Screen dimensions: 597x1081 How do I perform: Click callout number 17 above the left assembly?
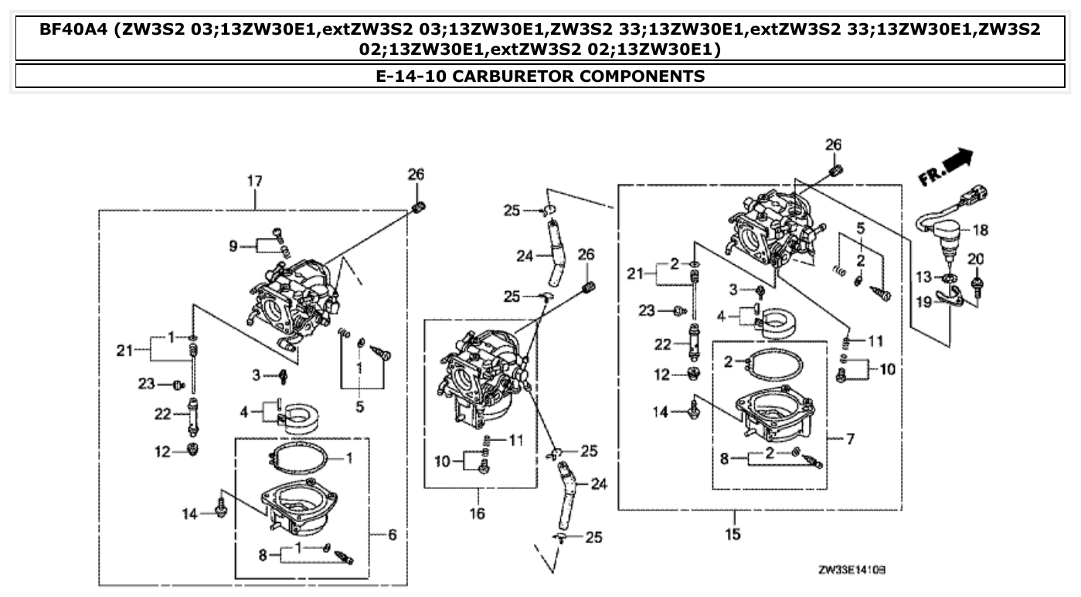coord(254,181)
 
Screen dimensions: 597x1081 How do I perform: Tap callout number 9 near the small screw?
coord(233,246)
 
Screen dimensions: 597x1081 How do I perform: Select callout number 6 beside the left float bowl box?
coord(392,534)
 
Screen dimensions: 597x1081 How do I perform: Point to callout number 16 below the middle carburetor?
coord(477,513)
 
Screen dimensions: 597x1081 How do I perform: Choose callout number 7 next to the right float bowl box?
coord(851,439)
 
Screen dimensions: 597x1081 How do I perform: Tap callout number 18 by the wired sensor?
coord(980,230)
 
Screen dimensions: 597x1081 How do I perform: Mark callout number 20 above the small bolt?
coord(976,258)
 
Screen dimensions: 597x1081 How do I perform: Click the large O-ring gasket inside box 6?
coord(297,460)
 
